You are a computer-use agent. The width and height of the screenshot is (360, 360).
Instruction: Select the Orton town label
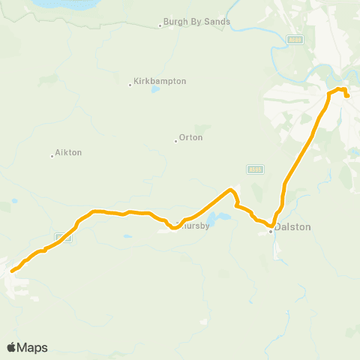point(191,138)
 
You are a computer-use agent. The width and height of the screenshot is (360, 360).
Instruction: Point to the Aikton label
point(68,152)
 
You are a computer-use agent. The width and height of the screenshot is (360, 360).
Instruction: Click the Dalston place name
point(291,226)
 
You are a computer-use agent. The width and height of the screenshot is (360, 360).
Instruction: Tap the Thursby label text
point(193,225)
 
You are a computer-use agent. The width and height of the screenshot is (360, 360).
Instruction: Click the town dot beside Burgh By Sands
point(160,26)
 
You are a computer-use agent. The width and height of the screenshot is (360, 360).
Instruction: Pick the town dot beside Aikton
point(52,156)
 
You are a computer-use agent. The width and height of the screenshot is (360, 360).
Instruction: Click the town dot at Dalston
point(271,232)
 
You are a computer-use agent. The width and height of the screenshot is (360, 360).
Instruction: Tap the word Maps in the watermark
point(33,347)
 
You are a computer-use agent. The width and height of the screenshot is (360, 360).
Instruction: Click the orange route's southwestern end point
point(12,271)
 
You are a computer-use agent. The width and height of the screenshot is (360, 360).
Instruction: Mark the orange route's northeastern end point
point(347,96)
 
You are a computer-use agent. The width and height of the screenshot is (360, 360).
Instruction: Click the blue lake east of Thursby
point(217,219)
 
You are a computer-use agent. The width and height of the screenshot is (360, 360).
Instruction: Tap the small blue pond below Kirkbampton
point(155,90)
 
